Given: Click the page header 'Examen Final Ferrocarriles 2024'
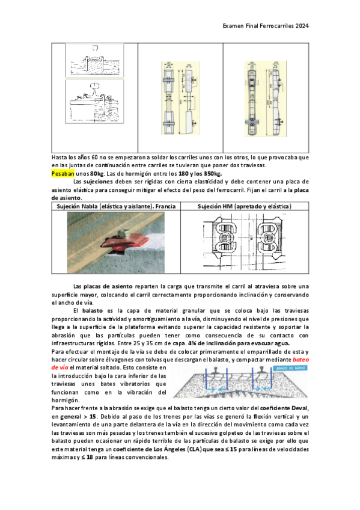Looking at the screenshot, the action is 266,26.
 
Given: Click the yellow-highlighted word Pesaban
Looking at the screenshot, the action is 63,173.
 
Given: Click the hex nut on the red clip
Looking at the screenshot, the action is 123,234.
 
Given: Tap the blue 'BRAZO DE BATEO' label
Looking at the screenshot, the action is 291,368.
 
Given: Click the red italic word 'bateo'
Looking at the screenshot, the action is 301,360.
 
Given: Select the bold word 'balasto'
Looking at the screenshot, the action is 93,311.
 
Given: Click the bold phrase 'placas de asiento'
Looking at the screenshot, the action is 108,286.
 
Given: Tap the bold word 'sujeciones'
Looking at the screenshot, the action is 98,182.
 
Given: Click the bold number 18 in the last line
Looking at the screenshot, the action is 90,457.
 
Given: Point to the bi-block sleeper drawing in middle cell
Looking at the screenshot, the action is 181,98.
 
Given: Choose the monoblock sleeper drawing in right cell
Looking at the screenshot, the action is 266,98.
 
